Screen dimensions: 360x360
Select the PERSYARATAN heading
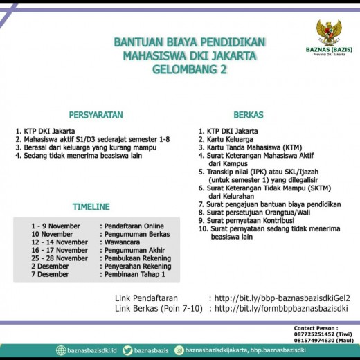coord(96,114)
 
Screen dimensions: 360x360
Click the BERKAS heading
coord(248,114)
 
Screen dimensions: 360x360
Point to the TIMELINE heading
coord(91,207)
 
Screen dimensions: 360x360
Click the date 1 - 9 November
coord(55,226)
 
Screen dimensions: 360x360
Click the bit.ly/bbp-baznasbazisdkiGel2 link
coord(287,298)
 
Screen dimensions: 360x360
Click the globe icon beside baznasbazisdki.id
coord(61,351)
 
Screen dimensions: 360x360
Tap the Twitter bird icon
coord(128,351)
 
